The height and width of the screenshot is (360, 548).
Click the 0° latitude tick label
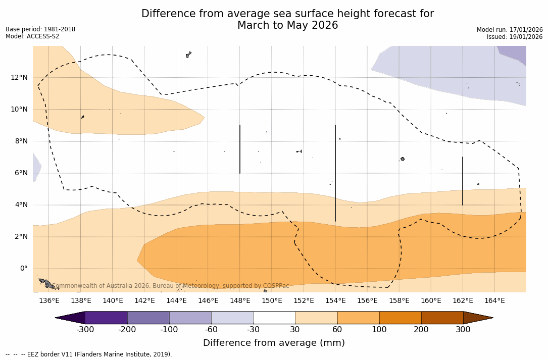23,269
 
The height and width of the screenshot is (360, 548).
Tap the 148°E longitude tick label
240,301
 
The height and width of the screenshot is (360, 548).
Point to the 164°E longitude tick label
494,301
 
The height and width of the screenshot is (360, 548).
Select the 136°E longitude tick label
49,301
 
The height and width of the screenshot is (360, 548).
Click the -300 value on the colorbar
85,330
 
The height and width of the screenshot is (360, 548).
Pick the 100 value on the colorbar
379,330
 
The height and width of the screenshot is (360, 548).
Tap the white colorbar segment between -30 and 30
274,318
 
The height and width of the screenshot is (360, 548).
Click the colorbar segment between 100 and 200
400,318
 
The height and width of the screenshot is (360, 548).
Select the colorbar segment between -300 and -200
106,318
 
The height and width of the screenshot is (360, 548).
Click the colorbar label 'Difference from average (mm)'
274,343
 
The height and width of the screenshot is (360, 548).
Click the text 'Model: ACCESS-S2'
32,36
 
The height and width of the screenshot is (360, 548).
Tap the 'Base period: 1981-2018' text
40,29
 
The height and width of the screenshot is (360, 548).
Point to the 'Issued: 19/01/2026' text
515,37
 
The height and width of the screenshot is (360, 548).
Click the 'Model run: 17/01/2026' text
510,30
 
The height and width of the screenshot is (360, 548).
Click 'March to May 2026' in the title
287,26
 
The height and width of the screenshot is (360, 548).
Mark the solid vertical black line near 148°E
240,149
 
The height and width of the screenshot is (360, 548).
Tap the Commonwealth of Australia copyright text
171,286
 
